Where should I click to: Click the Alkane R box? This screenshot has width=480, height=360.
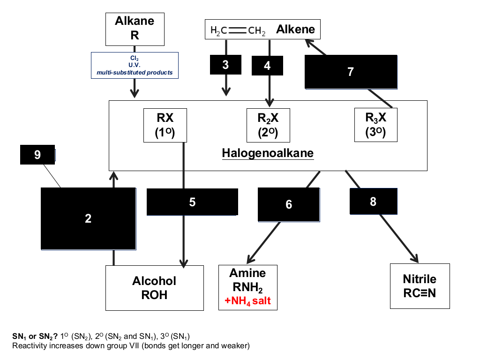coord(135,29)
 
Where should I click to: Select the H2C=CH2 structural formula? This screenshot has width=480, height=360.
coord(238,30)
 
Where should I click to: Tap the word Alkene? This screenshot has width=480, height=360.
coord(295,30)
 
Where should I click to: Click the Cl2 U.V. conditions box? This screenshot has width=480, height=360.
coord(135,65)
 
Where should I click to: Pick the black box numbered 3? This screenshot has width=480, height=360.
coord(225,65)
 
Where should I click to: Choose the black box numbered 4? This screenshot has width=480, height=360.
coord(267,66)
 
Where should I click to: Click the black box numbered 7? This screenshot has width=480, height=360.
coord(351,72)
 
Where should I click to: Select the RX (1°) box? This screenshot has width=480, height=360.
coord(165,125)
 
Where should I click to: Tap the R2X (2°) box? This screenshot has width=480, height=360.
coord(268,125)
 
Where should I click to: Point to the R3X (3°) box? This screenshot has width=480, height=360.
coord(376,125)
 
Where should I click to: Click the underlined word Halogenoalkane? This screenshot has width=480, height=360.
coord(268,153)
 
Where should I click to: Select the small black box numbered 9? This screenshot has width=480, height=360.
coord(37,155)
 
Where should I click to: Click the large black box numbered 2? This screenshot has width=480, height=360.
coord(89,218)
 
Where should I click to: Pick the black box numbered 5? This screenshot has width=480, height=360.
coord(192,202)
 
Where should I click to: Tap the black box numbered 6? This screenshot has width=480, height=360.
coord(289,204)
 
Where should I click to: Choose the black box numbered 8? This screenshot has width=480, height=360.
coord(374,202)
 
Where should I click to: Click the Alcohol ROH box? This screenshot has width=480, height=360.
coord(155,288)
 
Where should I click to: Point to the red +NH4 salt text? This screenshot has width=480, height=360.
coord(247,301)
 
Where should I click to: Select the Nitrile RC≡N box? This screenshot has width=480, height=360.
coord(420,286)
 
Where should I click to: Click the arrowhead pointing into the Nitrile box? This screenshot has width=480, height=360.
coord(415,259)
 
